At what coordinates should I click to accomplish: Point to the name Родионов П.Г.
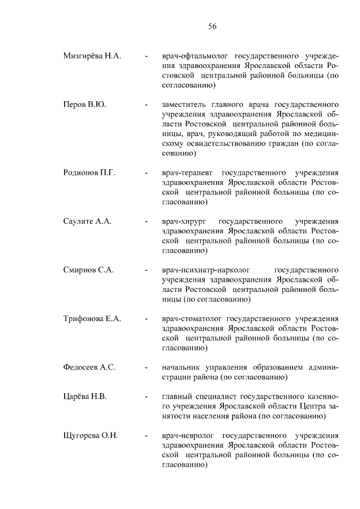(x=89, y=173)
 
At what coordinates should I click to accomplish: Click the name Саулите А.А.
(x=87, y=221)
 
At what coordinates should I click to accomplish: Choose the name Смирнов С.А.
(x=88, y=270)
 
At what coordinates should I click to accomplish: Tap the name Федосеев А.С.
(x=89, y=367)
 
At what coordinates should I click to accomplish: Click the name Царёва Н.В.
(x=85, y=397)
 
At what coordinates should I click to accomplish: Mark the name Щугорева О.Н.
(x=91, y=436)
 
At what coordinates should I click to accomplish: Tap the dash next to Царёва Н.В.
(x=147, y=397)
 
